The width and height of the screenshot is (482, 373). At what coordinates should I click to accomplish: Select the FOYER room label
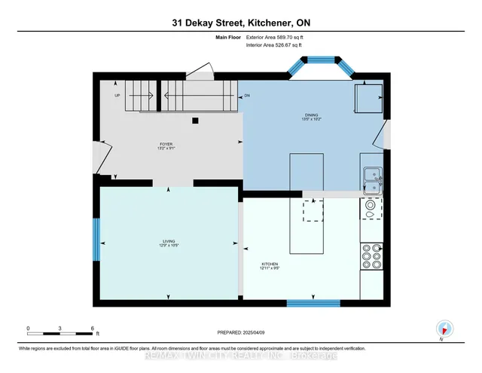[x=166, y=145]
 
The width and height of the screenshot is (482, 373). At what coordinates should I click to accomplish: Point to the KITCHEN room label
[x=270, y=265]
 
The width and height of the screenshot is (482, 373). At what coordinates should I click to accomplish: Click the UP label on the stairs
[x=117, y=96]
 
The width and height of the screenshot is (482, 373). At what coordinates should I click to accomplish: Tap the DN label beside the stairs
[x=247, y=96]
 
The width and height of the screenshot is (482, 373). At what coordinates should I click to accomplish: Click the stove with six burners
[x=371, y=255]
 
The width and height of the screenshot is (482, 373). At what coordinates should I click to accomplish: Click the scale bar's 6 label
[x=92, y=328]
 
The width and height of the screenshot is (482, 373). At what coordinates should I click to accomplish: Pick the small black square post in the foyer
[x=195, y=120]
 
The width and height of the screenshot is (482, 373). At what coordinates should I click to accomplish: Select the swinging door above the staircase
[x=200, y=72]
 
